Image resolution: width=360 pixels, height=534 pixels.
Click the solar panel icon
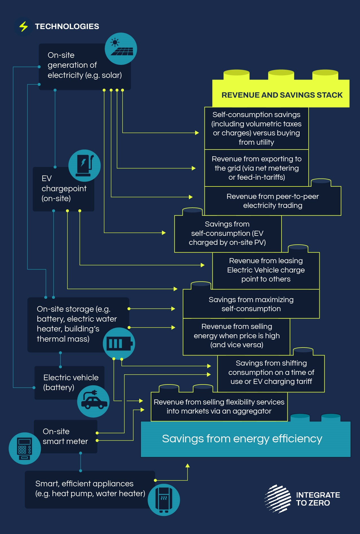tap(121, 49)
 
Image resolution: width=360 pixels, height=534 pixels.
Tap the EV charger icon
tap(84, 166)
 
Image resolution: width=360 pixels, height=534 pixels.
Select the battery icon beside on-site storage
tap(119, 344)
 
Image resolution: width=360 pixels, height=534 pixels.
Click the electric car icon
tap(93, 401)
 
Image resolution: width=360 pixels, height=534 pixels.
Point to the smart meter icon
tap(25, 448)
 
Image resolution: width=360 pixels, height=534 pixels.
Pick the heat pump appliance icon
tap(164, 500)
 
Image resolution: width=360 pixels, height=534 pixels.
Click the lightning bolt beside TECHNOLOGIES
tap(23, 27)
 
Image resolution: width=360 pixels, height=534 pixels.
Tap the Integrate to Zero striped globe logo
tap(278, 499)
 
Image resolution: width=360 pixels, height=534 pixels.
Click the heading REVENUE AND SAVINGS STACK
tap(282, 95)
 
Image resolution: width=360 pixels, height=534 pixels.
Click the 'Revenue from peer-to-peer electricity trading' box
tap(272, 201)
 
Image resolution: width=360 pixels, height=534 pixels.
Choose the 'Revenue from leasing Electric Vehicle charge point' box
tap(266, 270)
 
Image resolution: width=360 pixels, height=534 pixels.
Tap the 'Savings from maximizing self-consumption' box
tap(251, 304)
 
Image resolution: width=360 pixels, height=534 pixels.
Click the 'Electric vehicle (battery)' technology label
tap(71, 383)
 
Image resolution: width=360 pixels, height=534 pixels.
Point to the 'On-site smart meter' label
tap(65, 436)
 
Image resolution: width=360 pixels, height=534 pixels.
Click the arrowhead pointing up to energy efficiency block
tap(187, 466)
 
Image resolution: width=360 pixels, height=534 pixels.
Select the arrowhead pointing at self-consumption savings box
tap(197, 133)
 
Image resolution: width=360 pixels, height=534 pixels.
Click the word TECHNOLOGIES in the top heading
tap(67, 27)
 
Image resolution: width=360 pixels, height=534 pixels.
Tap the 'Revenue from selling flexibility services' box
tap(219, 406)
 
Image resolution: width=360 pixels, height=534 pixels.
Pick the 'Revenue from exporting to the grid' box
tap(256, 168)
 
